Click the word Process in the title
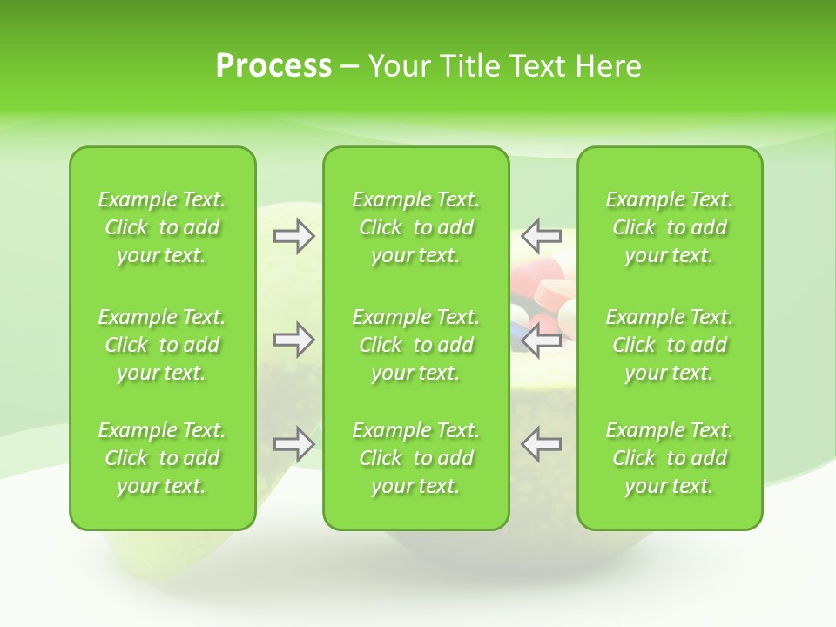coord(273,65)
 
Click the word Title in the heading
coord(466,65)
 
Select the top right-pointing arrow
coord(293,236)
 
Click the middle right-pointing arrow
coord(293,340)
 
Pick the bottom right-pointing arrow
coord(293,444)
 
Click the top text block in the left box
coord(162,227)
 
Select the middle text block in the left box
coord(162,345)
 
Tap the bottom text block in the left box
coord(162,458)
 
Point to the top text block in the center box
coord(415,227)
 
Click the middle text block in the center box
coord(415,345)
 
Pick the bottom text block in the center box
coord(415,458)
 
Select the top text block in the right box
coord(669,227)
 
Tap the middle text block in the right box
coord(669,345)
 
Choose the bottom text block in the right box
coord(669,458)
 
